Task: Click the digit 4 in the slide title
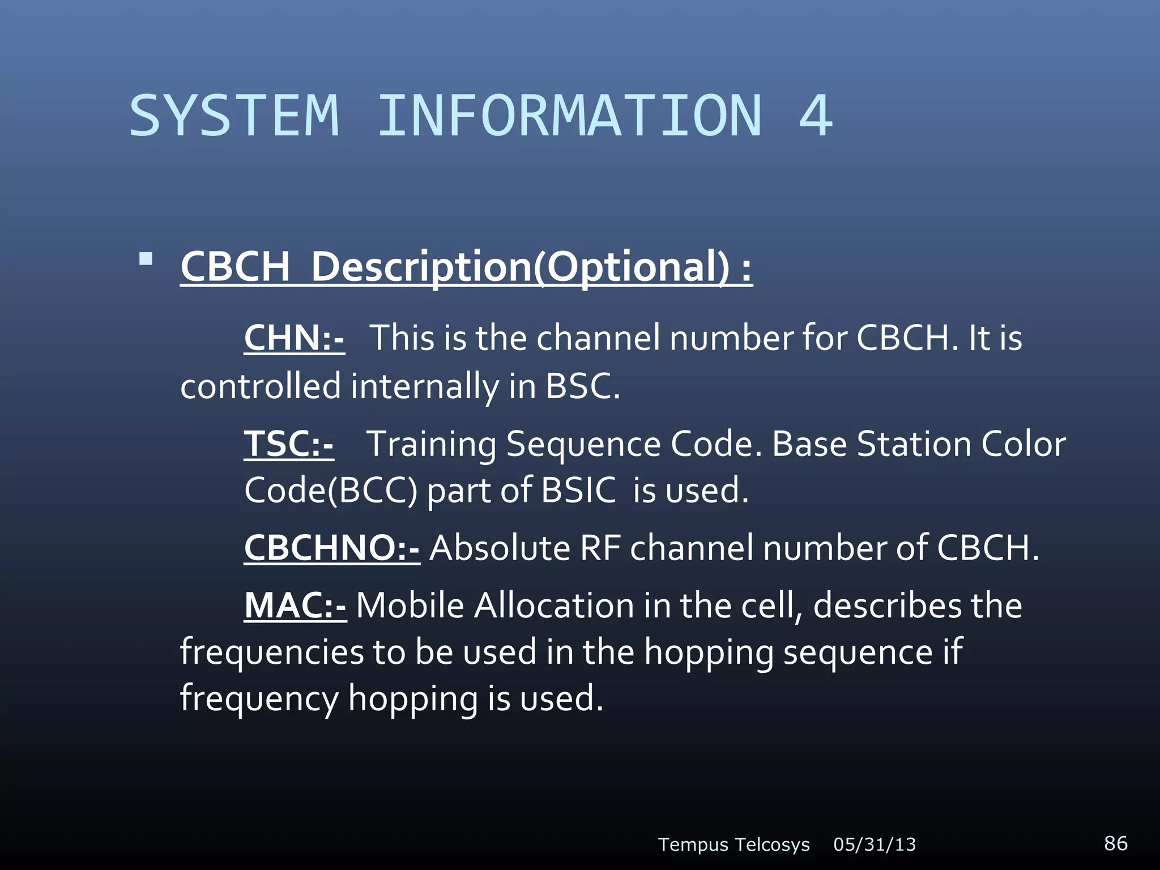click(815, 116)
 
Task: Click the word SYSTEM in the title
click(234, 116)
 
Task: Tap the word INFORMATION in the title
click(569, 116)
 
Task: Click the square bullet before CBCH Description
click(146, 259)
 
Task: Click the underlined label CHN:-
click(294, 338)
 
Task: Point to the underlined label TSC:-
click(289, 443)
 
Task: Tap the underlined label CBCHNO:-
click(332, 548)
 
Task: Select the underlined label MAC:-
click(295, 605)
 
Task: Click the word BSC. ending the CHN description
click(582, 386)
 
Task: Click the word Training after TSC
click(431, 443)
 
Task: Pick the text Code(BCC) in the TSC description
click(331, 491)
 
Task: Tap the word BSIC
click(578, 491)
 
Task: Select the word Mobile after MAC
click(410, 605)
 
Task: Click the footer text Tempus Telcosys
click(733, 845)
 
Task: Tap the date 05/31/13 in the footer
click(875, 845)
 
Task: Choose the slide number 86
click(1115, 843)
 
